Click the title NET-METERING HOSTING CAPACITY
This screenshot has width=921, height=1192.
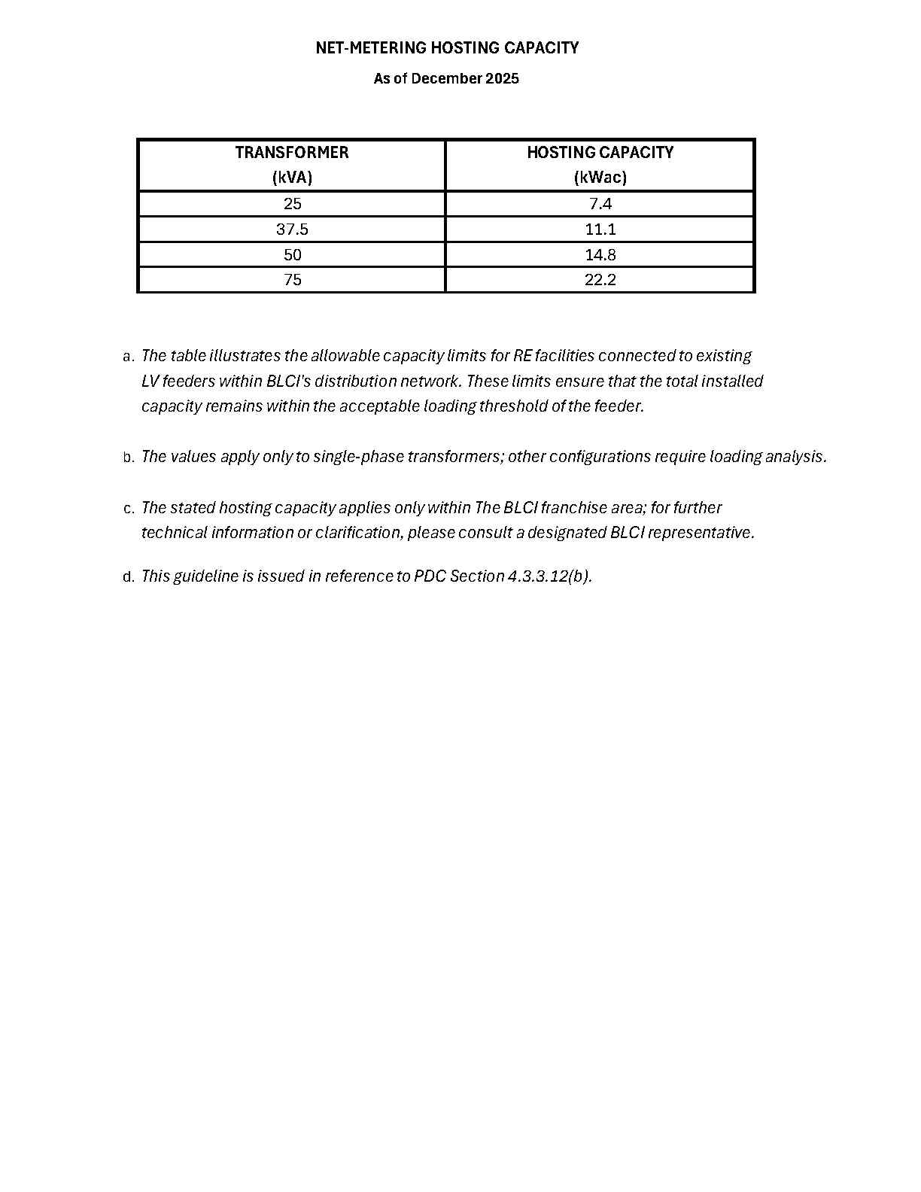[447, 48]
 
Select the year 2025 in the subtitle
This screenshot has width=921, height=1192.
[502, 78]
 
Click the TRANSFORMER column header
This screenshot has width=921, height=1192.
[292, 153]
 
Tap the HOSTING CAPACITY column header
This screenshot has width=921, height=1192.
[600, 153]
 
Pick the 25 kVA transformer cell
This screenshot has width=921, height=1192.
[292, 204]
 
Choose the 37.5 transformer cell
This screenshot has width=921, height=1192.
[292, 230]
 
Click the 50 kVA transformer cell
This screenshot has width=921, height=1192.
[292, 254]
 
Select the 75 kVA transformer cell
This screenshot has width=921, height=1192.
[292, 280]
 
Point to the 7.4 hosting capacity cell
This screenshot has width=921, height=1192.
[600, 204]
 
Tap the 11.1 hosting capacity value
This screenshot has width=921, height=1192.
[600, 230]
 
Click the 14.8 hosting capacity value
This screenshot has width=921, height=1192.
[600, 254]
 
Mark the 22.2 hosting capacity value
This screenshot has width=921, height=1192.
[600, 280]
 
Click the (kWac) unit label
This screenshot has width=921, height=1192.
[600, 178]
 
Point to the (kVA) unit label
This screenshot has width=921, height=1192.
[292, 178]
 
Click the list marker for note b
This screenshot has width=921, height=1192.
[128, 458]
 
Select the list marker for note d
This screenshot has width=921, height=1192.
[128, 577]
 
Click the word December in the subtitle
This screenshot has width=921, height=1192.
[445, 78]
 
